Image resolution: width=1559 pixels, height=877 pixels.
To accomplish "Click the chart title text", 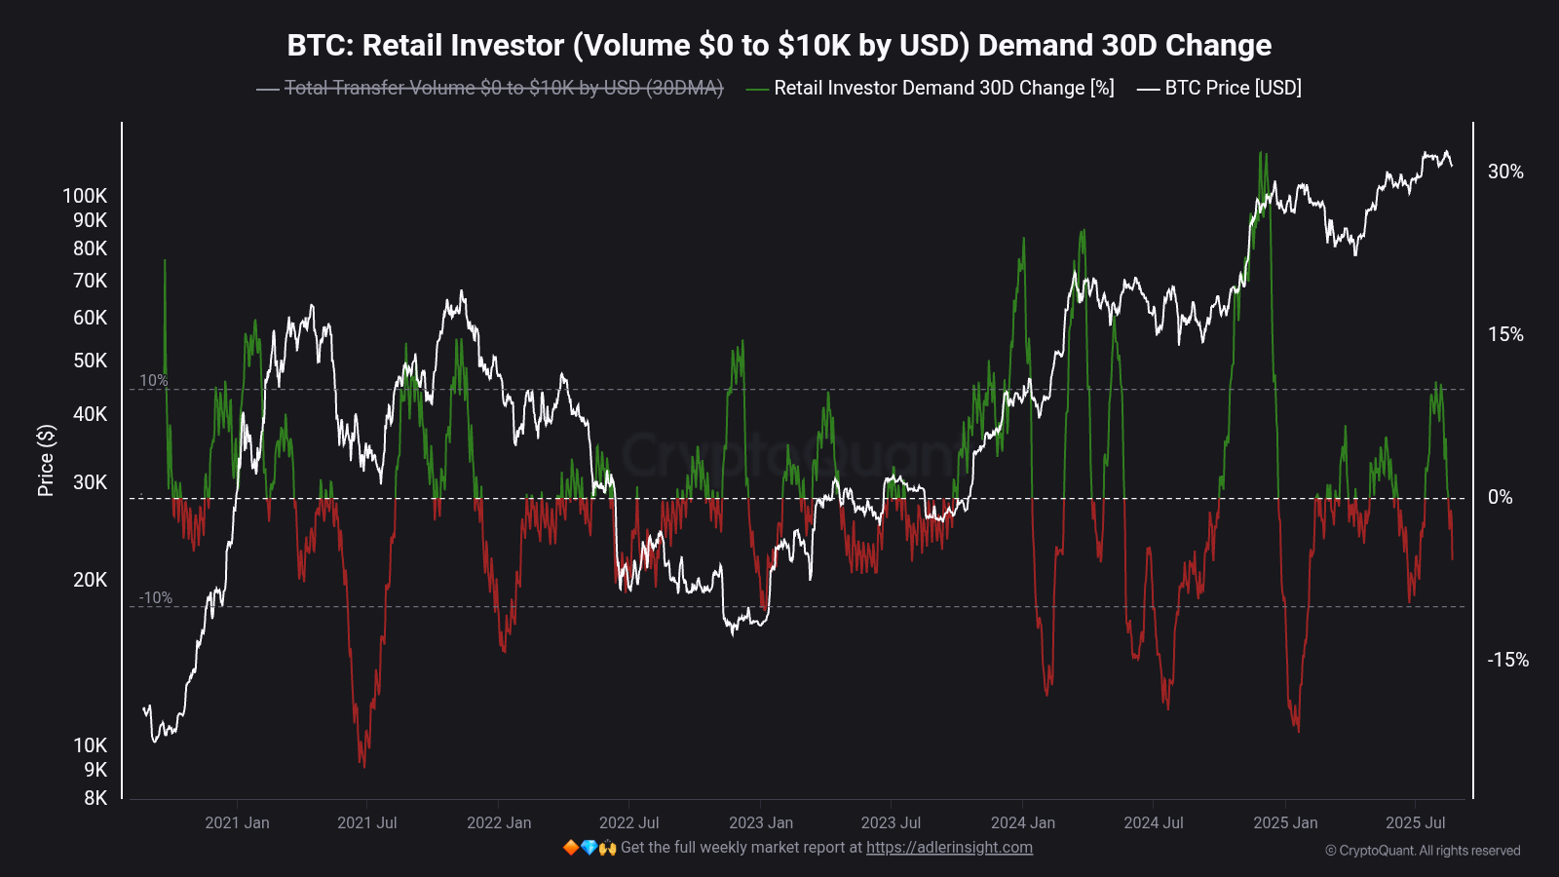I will coord(779,45).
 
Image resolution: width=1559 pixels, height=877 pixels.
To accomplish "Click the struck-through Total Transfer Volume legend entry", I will coord(503,88).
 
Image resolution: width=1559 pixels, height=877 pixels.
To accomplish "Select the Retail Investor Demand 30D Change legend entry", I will coord(942,88).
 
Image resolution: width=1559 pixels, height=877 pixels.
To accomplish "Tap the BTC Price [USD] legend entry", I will coord(1232,88).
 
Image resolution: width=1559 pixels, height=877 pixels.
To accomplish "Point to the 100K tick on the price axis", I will coord(85,196).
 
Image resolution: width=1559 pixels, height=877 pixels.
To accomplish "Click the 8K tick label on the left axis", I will coord(95,798).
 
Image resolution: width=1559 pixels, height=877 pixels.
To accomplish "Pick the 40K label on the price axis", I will coord(90,414).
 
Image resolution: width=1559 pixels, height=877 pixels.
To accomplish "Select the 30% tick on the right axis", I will coord(1504,172).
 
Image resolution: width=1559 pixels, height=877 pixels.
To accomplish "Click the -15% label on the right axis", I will coord(1507,660).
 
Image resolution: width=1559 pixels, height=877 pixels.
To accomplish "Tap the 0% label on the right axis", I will coord(1500,497).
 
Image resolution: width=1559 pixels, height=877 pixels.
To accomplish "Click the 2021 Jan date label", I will coord(237,822).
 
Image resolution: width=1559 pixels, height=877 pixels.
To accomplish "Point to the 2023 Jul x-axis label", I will coord(891,822).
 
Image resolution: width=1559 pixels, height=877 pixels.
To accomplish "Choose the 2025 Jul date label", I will coord(1415,822).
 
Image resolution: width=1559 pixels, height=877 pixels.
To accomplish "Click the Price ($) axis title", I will coord(46,460).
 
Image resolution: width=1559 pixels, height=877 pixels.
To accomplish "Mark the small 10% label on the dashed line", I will coord(153,380).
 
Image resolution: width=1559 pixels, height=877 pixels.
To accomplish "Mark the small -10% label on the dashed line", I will coord(155,597).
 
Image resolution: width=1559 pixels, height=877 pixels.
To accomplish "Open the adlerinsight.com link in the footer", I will coord(949,847).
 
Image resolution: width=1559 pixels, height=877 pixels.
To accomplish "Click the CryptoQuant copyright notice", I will coord(1422,851).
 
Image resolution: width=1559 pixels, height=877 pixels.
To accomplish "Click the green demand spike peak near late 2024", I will coord(1263,154).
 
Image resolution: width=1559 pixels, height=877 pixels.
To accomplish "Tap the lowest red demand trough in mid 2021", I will coord(364,766).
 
